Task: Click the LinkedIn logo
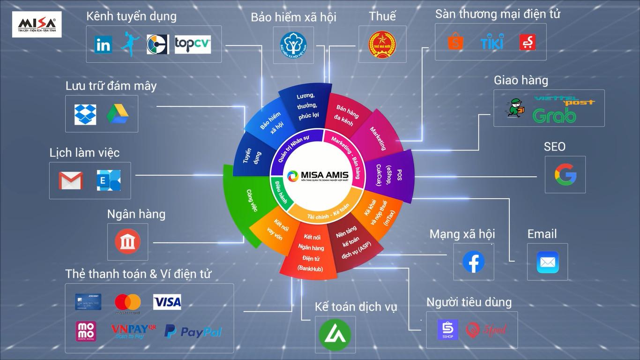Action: pyautogui.click(x=103, y=45)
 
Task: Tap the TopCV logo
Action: pyautogui.click(x=193, y=45)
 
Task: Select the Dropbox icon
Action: pyautogui.click(x=85, y=114)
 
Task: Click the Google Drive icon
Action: pyautogui.click(x=118, y=114)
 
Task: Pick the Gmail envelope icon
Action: pyautogui.click(x=71, y=180)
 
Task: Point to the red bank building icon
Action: pyautogui.click(x=127, y=242)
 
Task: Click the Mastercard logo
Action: pyautogui.click(x=127, y=303)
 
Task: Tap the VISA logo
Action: pyautogui.click(x=167, y=302)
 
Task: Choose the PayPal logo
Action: pyautogui.click(x=193, y=332)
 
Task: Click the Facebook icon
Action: pyautogui.click(x=474, y=262)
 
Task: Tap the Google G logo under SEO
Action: pyautogui.click(x=565, y=175)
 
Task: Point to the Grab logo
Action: pyautogui.click(x=554, y=115)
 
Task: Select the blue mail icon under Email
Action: pyautogui.click(x=547, y=262)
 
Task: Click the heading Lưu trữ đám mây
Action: pyautogui.click(x=111, y=86)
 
